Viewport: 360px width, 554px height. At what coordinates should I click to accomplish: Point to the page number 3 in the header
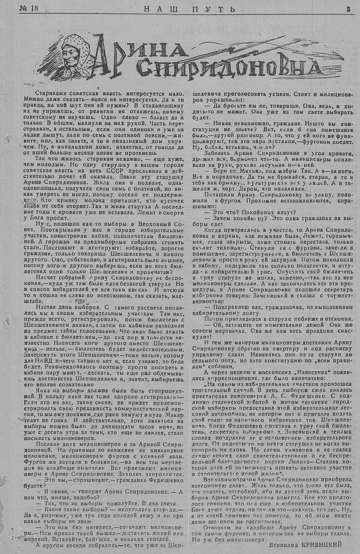tap(348, 10)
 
